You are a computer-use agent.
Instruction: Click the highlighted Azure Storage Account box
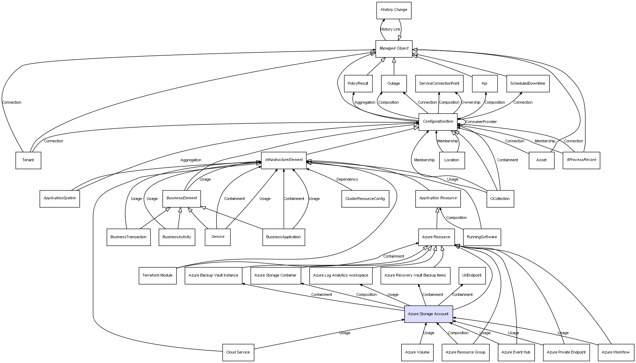pyautogui.click(x=428, y=314)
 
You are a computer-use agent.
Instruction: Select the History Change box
pyautogui.click(x=394, y=10)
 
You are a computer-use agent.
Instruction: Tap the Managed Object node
pyautogui.click(x=394, y=48)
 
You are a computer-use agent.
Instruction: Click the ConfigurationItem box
pyautogui.click(x=438, y=122)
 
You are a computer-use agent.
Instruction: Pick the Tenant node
pyautogui.click(x=28, y=160)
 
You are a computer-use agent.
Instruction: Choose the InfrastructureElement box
pyautogui.click(x=284, y=160)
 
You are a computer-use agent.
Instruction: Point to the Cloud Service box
pyautogui.click(x=238, y=352)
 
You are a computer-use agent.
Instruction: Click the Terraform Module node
pyautogui.click(x=158, y=276)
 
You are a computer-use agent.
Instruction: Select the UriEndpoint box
pyautogui.click(x=472, y=276)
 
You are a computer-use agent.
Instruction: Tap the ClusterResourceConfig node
pyautogui.click(x=365, y=199)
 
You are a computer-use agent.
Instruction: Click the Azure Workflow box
pyautogui.click(x=616, y=352)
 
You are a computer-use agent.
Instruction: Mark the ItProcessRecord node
pyautogui.click(x=581, y=160)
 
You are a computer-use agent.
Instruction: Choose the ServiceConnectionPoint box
pyautogui.click(x=439, y=84)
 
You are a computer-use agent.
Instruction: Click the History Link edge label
pyautogui.click(x=390, y=30)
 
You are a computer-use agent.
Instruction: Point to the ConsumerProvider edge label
pyautogui.click(x=481, y=122)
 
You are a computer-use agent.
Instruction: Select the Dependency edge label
pyautogui.click(x=347, y=180)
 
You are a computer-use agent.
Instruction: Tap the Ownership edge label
pyautogui.click(x=471, y=103)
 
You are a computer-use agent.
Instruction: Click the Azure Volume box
pyautogui.click(x=417, y=352)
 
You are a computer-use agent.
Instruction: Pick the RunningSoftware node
pyautogui.click(x=482, y=237)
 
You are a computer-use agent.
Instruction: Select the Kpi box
pyautogui.click(x=484, y=84)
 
